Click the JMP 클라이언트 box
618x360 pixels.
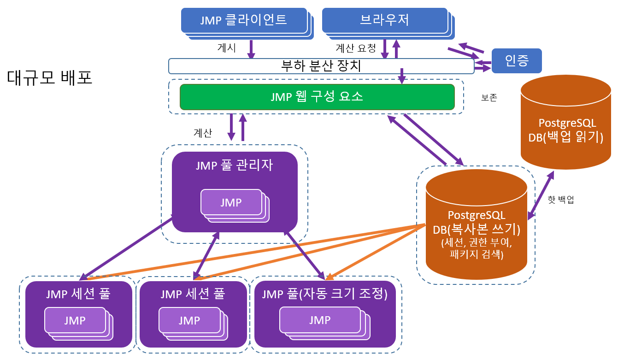click(x=244, y=20)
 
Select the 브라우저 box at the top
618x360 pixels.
click(x=384, y=20)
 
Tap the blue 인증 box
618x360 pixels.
click(x=517, y=60)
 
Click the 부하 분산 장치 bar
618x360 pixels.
click(x=321, y=66)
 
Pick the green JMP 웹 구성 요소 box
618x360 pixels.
click(x=317, y=97)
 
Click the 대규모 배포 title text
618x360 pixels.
click(x=50, y=77)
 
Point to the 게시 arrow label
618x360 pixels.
click(x=226, y=47)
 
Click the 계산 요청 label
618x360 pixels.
click(x=355, y=47)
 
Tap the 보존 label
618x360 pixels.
click(x=489, y=98)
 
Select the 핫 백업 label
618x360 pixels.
click(x=560, y=200)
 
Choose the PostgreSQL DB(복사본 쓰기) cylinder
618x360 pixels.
click(x=476, y=226)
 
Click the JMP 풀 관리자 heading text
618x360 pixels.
click(x=234, y=165)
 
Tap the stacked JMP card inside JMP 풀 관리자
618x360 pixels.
click(x=231, y=203)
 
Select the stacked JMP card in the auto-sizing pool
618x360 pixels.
click(x=320, y=320)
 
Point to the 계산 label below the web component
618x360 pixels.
click(x=202, y=133)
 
